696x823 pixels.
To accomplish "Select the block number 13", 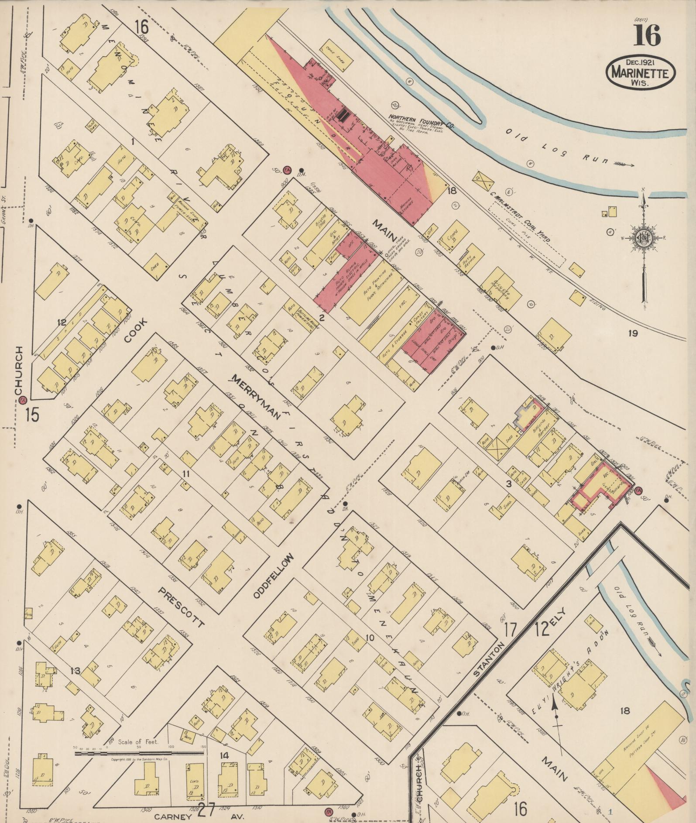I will (x=75, y=670).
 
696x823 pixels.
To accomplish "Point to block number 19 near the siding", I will (x=633, y=334).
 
